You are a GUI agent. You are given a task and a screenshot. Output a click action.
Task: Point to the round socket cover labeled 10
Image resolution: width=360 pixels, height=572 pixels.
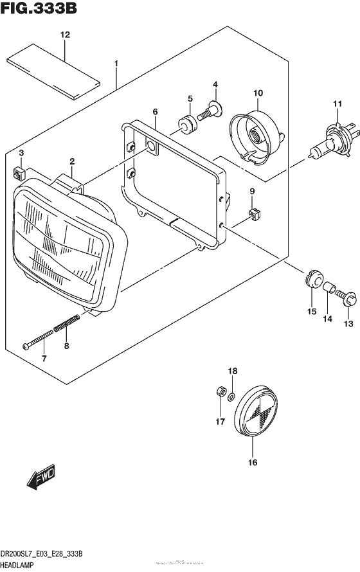pos(256,133)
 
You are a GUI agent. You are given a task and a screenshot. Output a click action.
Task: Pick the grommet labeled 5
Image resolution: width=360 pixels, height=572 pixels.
pos(186,124)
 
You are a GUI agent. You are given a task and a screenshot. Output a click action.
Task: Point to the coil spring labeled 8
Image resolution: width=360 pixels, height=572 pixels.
pos(67,323)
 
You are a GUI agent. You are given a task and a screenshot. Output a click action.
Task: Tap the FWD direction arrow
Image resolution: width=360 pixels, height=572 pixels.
pos(42,480)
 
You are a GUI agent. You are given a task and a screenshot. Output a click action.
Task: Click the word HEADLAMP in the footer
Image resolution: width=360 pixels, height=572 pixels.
pos(20,564)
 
